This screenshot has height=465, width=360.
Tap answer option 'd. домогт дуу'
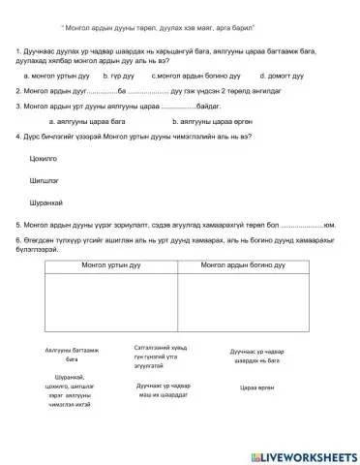click(x=283, y=74)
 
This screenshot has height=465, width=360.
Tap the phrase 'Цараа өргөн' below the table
click(x=256, y=386)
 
